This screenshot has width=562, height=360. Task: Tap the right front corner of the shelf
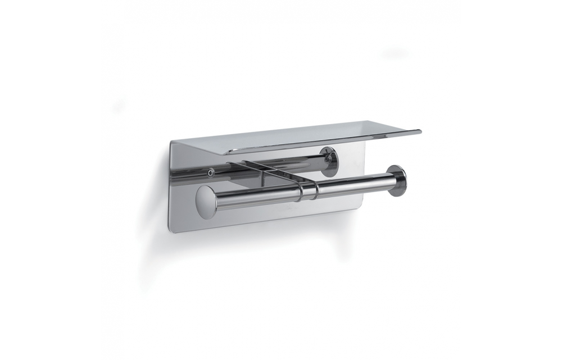click(419, 131)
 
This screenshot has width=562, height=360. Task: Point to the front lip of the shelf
click(315, 144)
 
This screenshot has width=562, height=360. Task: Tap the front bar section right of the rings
click(354, 184)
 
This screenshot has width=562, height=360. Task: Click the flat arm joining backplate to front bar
click(270, 172)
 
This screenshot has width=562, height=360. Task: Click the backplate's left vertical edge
click(170, 185)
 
